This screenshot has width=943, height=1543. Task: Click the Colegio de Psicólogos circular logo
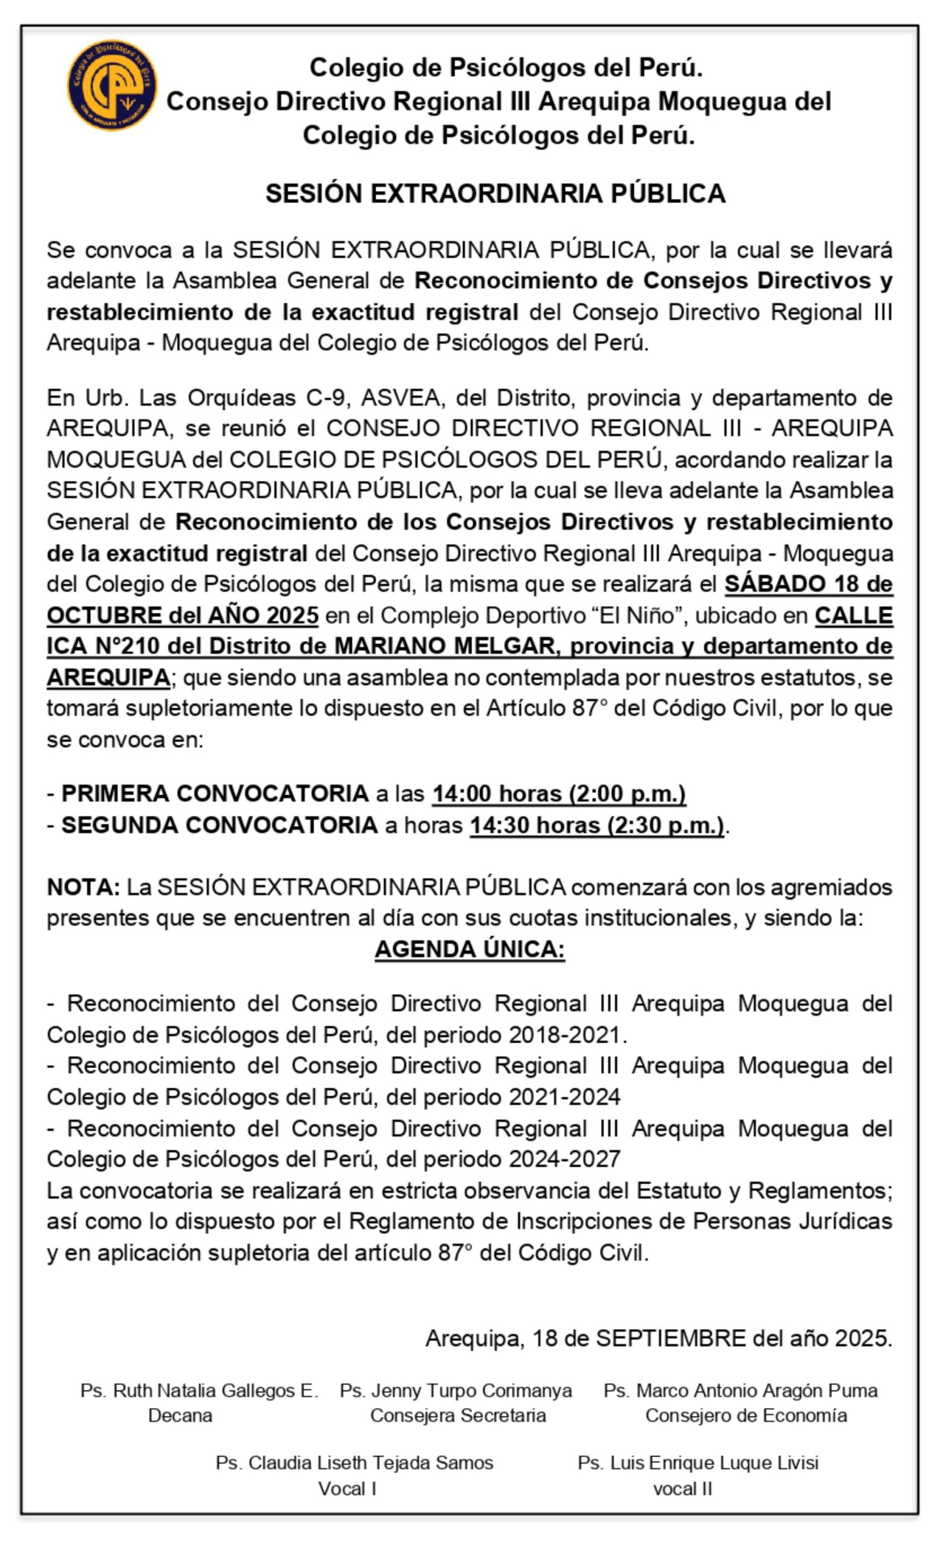[112, 85]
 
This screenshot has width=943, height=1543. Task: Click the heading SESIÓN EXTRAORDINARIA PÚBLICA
[495, 193]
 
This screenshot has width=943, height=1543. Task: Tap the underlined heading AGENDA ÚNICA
[469, 949]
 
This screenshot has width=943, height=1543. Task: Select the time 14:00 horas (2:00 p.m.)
[559, 793]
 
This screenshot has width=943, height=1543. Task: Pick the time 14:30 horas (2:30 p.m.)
[596, 825]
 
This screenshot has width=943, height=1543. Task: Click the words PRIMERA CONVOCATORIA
[215, 793]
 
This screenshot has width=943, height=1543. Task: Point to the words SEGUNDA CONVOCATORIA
[219, 825]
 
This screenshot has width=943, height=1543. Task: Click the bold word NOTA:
[83, 887]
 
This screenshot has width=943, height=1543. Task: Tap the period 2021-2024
[564, 1096]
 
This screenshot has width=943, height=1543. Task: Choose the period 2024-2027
[564, 1158]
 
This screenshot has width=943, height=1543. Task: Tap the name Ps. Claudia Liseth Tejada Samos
[354, 1463]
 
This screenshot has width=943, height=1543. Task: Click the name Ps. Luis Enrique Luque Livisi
[698, 1463]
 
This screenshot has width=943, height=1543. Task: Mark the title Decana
[180, 1415]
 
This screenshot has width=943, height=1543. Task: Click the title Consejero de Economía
[746, 1415]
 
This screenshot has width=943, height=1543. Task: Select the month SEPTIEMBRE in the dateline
[670, 1338]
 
